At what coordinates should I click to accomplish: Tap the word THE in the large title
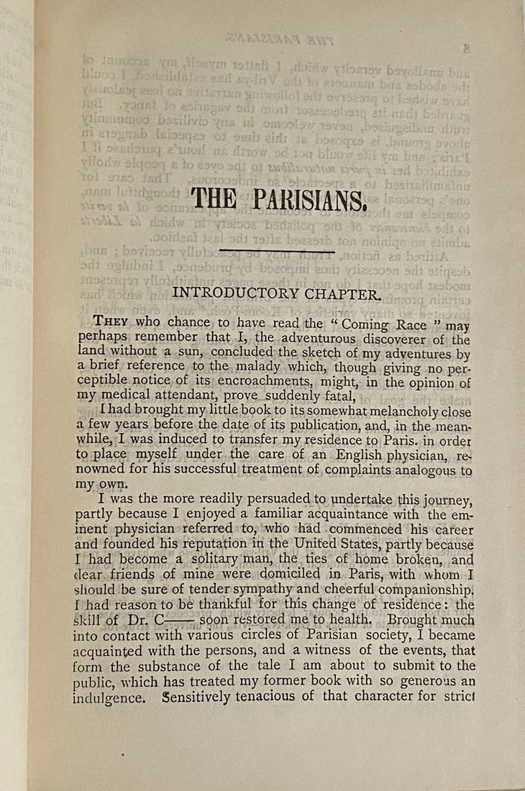[213, 199]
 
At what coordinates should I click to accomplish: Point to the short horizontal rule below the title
[267, 251]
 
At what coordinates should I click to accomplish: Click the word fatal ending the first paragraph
[334, 396]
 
